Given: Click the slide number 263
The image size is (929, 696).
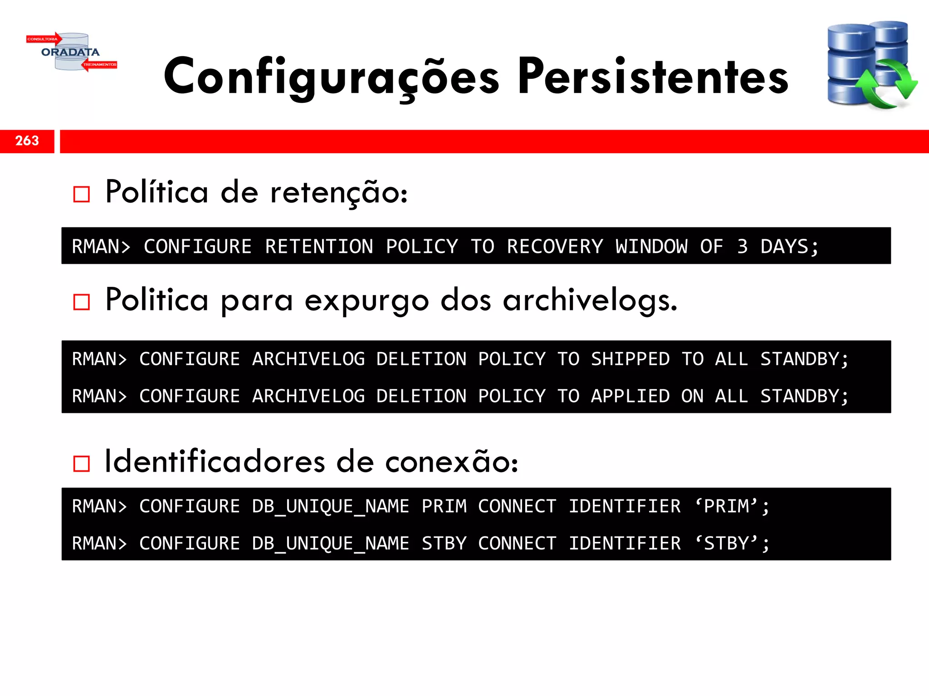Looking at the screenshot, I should click(x=27, y=141).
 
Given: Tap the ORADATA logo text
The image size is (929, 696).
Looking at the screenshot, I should click(x=70, y=52).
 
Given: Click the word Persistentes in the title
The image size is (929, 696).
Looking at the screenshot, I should click(x=653, y=77).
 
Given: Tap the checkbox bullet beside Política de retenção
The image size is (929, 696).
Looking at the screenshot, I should click(x=82, y=194).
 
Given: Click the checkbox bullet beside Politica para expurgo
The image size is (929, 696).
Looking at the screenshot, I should click(x=82, y=302).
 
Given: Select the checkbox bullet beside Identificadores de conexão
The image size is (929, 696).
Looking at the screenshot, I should click(x=82, y=464).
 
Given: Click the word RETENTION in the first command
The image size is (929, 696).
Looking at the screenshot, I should click(x=319, y=247).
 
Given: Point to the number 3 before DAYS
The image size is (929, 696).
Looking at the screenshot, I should click(x=742, y=247).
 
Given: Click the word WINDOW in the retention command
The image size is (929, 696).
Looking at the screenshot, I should click(x=651, y=247).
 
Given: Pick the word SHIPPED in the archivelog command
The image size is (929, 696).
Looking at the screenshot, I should click(x=630, y=359).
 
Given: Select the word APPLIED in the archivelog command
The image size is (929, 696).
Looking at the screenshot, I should click(x=630, y=396).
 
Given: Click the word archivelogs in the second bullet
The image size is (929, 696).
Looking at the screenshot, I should click(x=590, y=300).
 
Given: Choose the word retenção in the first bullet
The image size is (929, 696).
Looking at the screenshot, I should click(x=338, y=193).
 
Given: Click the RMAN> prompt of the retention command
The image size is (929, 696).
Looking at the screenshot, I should click(x=101, y=247).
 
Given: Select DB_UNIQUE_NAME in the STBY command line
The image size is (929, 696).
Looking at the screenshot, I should click(x=331, y=544).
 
